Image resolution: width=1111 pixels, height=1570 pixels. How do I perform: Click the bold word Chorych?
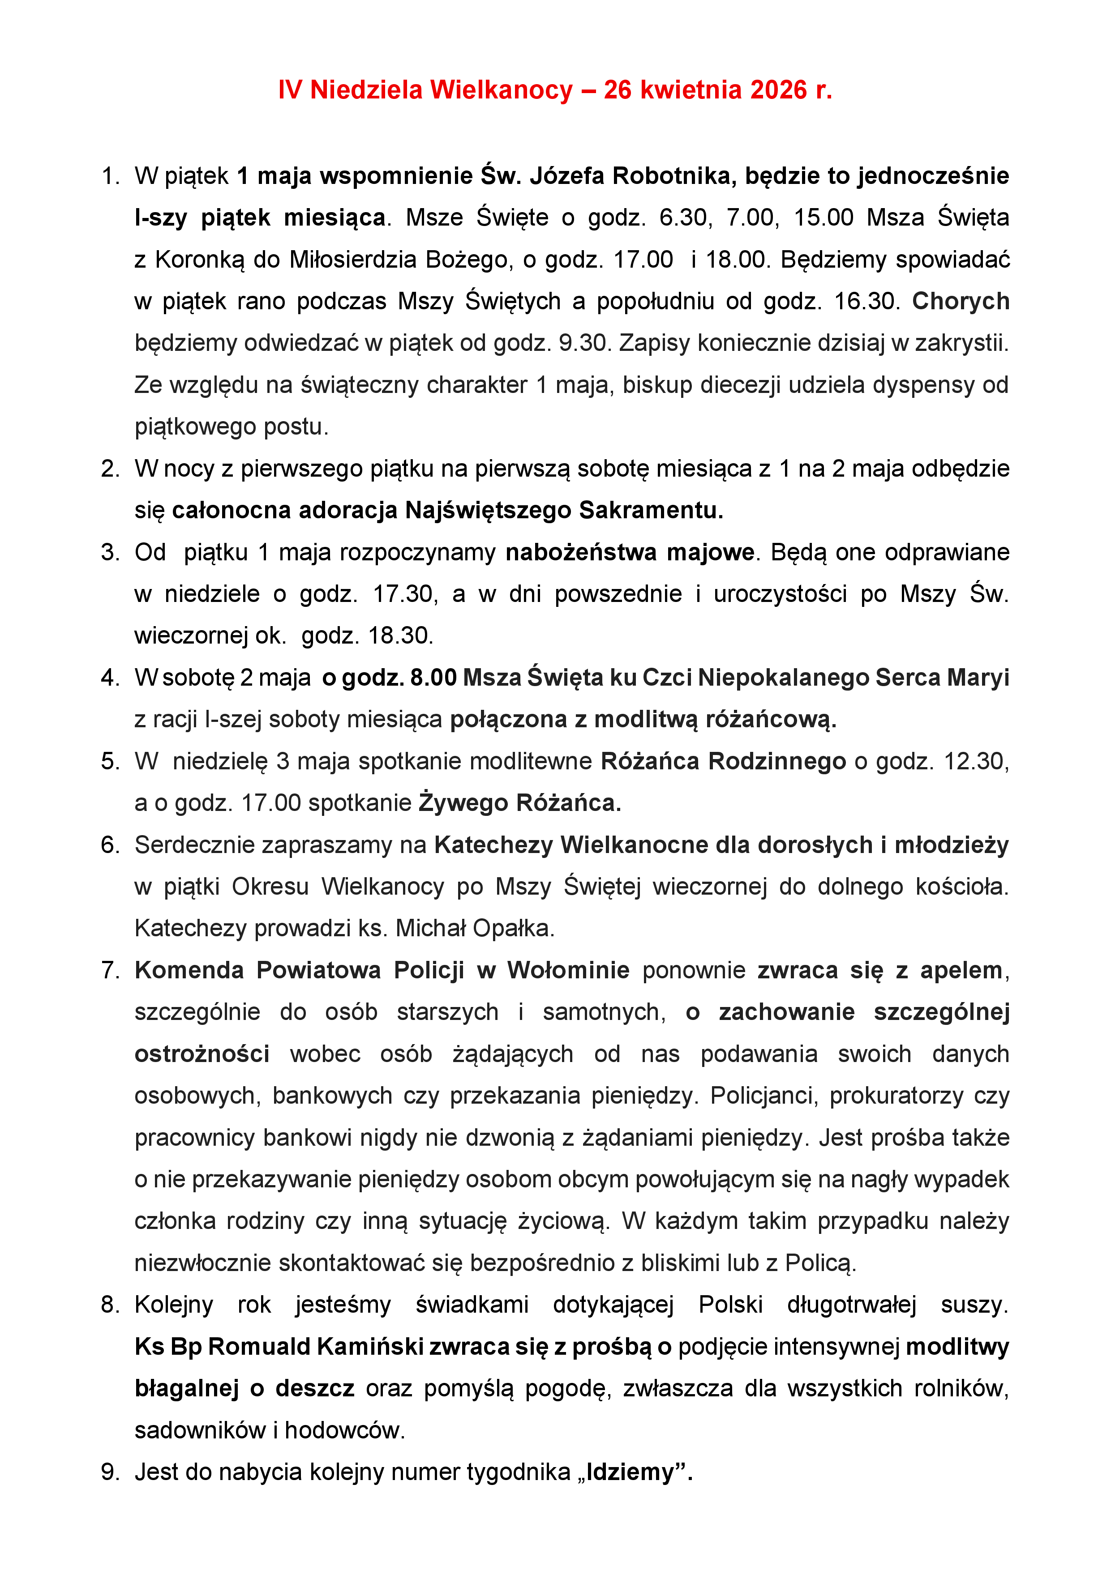click(x=961, y=302)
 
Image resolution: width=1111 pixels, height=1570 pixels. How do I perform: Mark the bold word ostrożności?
click(x=202, y=1054)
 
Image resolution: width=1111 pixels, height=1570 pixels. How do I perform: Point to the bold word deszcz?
click(x=315, y=1388)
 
